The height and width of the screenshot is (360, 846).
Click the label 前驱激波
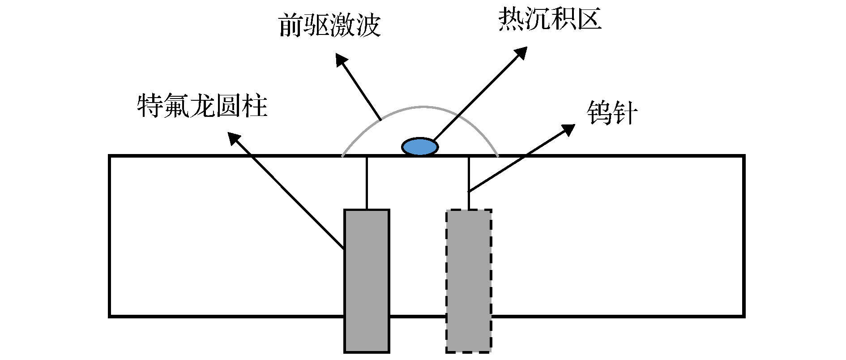(x=329, y=25)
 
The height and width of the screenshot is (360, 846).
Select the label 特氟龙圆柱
(x=202, y=106)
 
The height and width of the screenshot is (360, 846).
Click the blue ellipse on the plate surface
(x=420, y=146)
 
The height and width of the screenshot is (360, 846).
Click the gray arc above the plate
(x=423, y=107)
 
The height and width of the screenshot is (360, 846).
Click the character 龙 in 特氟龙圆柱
(x=202, y=106)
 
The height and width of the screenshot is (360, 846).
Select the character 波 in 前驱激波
(x=368, y=25)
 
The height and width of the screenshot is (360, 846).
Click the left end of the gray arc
(x=343, y=155)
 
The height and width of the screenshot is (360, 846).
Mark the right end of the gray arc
(x=498, y=155)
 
